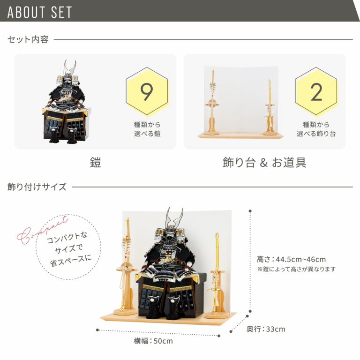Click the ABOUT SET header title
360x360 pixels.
[39, 12]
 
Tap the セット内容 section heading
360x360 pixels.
[28, 39]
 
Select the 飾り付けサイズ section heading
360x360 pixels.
[37, 187]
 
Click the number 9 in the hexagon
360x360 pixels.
[147, 91]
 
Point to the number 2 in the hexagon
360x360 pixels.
[316, 92]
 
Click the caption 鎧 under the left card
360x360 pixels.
[95, 162]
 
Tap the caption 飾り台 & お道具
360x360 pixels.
[264, 162]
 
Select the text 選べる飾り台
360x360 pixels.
[316, 134]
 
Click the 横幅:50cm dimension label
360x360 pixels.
[153, 341]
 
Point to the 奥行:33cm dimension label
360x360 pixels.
[266, 329]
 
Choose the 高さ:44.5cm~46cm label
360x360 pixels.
[292, 259]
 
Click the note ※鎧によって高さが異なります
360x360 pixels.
[296, 269]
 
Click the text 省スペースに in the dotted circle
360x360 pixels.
[71, 261]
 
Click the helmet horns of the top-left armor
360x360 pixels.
[70, 67]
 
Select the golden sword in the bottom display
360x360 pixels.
[217, 273]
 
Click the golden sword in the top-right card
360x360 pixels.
[270, 107]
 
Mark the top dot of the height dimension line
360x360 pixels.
[250, 211]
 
